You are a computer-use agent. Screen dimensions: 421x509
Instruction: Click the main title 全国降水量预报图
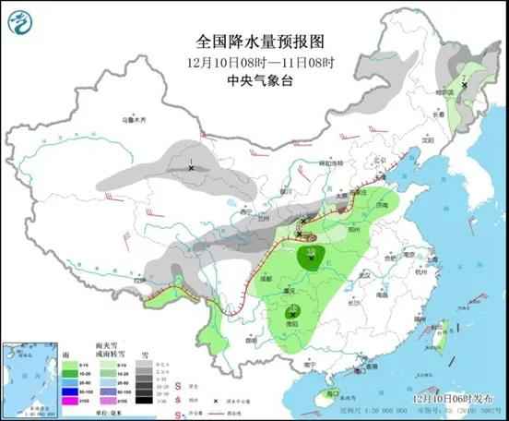(254, 42)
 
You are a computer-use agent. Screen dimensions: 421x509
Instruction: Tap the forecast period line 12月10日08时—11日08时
(254, 62)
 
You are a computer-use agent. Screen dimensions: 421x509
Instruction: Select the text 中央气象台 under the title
(254, 80)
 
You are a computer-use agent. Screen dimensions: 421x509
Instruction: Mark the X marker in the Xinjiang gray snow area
(191, 168)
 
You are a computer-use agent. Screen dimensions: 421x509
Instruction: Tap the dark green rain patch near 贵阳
(292, 319)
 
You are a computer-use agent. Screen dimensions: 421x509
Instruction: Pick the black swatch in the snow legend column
(143, 403)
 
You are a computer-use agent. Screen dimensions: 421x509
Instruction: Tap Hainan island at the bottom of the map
(325, 397)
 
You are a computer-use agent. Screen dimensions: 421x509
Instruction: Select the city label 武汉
(363, 275)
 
